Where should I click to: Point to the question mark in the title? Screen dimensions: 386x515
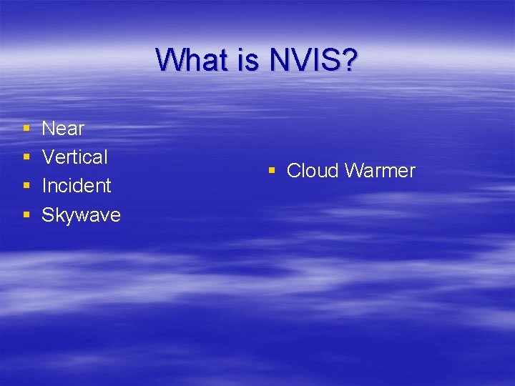348,60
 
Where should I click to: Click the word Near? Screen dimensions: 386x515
63,129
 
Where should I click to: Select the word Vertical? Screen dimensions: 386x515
74,157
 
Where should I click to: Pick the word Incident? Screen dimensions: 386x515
77,186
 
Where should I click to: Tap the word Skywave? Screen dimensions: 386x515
81,214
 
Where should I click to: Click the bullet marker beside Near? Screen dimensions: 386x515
26,129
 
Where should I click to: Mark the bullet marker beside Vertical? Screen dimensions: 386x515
26,158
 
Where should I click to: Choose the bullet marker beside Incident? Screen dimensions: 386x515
26,187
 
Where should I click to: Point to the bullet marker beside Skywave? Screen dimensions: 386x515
26,215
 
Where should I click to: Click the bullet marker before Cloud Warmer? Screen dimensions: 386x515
272,172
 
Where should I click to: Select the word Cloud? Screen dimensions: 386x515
313,171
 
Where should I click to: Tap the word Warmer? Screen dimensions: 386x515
380,171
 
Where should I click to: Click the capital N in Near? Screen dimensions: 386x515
49,129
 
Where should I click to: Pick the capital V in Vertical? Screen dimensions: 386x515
48,157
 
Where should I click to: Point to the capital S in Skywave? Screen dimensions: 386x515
48,214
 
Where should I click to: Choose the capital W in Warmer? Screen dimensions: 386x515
354,171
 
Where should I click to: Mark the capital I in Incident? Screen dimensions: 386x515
44,186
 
